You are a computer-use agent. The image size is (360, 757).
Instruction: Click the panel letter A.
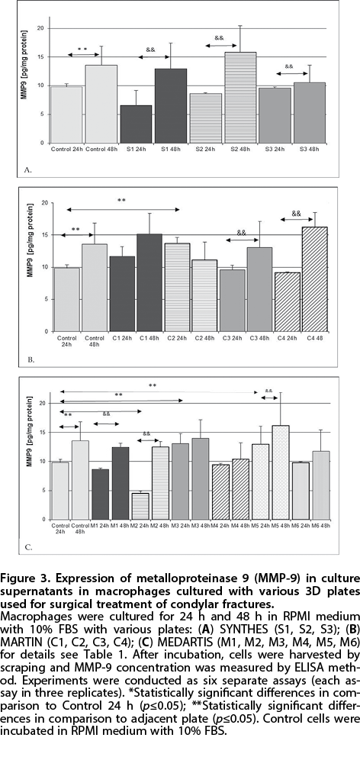coord(26,170)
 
